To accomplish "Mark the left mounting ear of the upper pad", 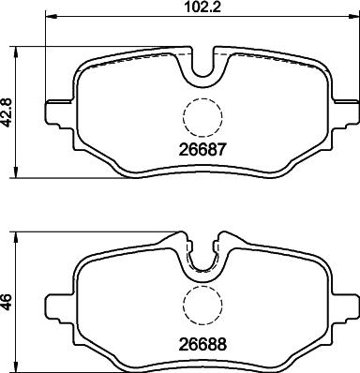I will (x=54, y=110).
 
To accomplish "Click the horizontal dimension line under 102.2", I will (x=122, y=19).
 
